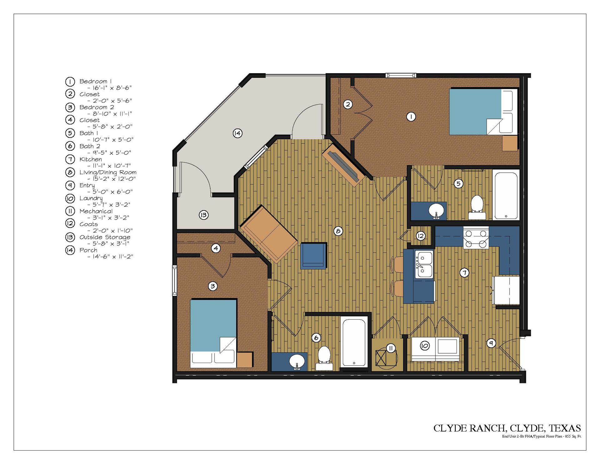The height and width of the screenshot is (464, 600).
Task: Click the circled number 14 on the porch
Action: (237, 134)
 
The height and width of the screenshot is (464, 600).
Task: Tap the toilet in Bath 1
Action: (477, 207)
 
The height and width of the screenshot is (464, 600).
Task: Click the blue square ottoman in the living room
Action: (313, 255)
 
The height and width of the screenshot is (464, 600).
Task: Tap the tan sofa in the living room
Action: (268, 234)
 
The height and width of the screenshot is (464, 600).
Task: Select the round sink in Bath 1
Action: (437, 210)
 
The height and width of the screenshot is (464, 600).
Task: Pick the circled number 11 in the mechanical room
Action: (391, 348)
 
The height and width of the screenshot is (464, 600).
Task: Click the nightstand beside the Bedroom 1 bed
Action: (510, 143)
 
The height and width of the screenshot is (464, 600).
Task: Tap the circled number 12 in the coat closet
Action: (421, 236)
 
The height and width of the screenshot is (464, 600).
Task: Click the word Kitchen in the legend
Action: (91, 159)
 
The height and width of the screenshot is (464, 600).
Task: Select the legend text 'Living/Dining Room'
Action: (108, 172)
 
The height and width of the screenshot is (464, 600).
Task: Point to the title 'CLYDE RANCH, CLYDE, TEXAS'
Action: (507, 428)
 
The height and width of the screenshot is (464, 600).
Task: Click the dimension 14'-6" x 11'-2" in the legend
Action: (110, 257)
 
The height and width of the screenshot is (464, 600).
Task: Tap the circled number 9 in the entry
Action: (491, 343)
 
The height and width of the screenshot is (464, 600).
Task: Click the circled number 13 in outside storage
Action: (203, 215)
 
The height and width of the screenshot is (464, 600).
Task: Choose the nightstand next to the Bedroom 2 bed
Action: (244, 360)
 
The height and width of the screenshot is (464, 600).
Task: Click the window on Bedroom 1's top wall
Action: (401, 75)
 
